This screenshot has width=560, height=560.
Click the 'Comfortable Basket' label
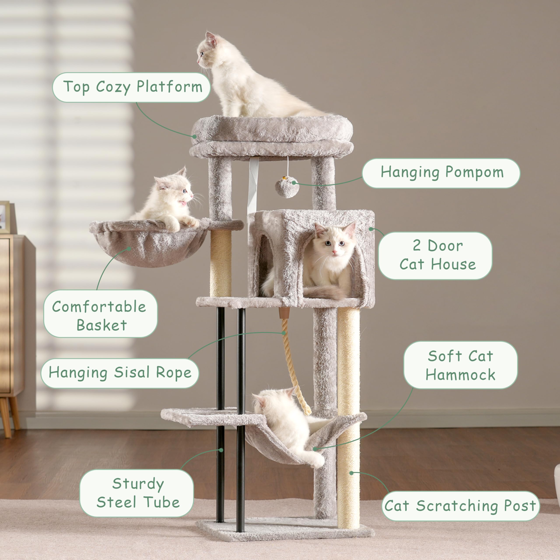point(100,314)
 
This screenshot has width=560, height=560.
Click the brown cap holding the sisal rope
point(284,313)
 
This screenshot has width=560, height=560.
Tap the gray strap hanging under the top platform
point(253,183)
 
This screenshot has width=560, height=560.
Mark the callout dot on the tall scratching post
point(351,473)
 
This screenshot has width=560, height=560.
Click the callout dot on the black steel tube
point(221,450)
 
